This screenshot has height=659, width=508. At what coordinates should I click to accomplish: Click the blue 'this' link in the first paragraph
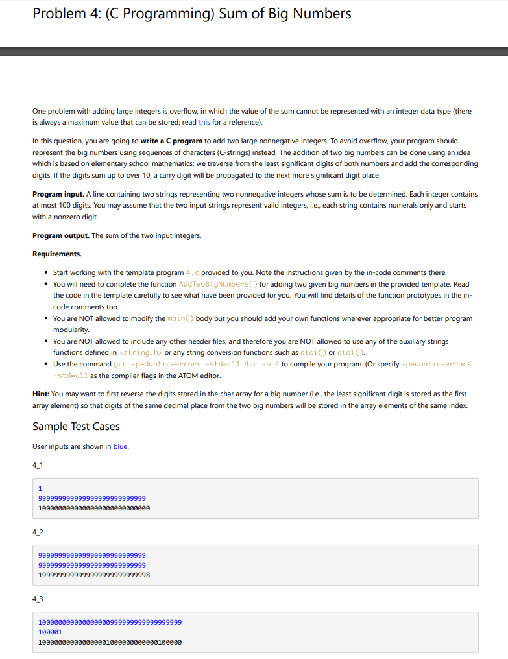[x=204, y=122]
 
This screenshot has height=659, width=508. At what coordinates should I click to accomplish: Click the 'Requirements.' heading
[x=57, y=254]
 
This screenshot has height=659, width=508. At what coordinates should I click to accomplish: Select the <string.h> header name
[x=141, y=352]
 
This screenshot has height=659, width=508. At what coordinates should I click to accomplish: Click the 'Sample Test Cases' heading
[x=76, y=426]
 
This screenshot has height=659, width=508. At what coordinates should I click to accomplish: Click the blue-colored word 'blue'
[x=121, y=446]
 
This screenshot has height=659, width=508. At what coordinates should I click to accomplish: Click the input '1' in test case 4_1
[x=40, y=488]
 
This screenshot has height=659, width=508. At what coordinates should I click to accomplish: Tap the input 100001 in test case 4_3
[x=50, y=632]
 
